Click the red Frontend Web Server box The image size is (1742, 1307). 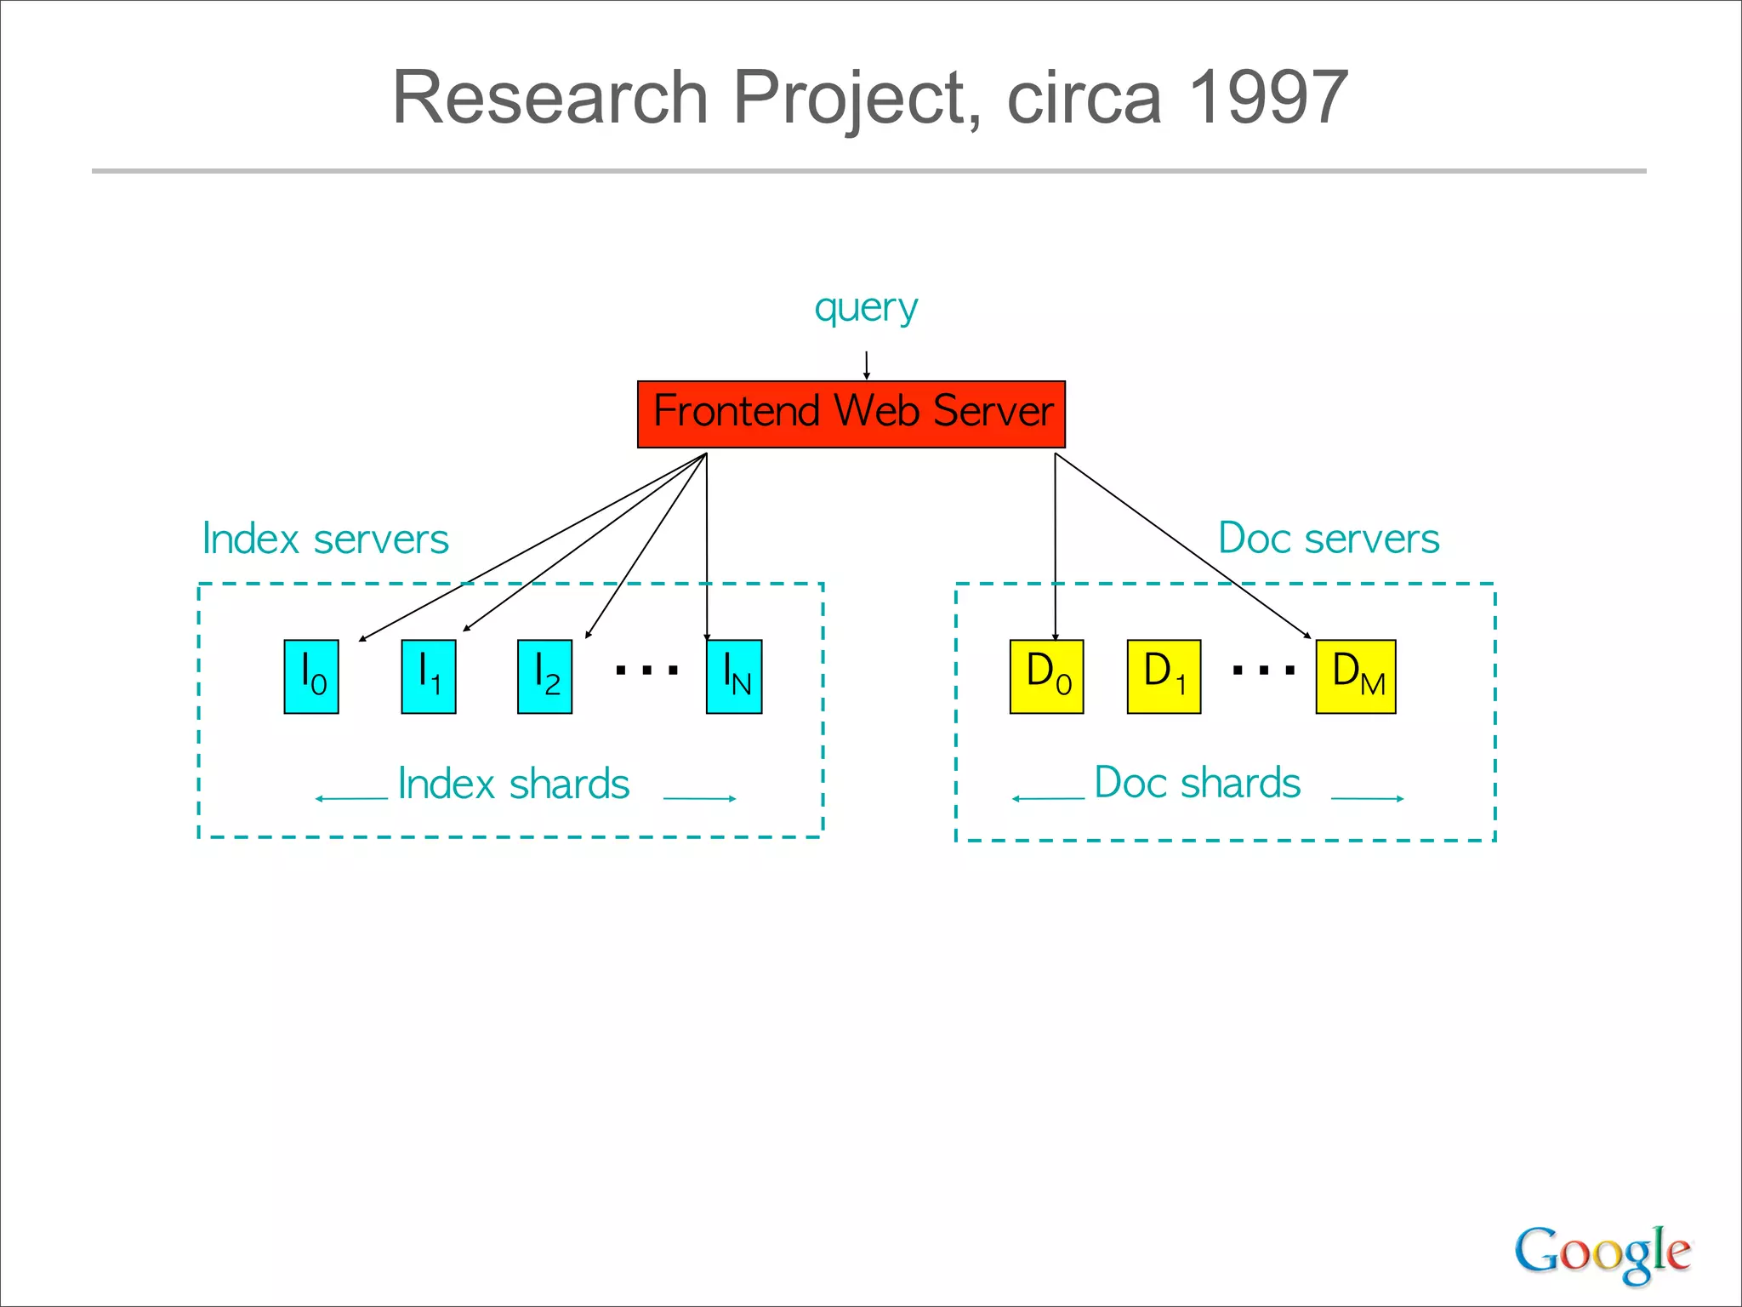coord(851,414)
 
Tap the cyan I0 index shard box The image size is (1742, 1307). coord(311,676)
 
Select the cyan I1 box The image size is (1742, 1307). coord(429,676)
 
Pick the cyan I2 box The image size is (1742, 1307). coord(545,676)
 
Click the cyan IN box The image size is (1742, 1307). coord(734,676)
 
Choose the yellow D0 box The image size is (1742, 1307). coord(1046,676)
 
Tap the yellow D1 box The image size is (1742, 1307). coord(1164,676)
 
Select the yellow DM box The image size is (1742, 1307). coord(1356,676)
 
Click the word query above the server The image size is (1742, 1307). coord(866,308)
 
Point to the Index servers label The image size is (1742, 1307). coord(325,539)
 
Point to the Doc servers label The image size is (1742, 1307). coord(1329,539)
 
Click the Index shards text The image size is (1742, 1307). coord(514,784)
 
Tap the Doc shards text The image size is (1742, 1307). coord(1197,783)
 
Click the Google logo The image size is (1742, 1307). coord(1602,1253)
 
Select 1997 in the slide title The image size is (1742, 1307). coord(1267,98)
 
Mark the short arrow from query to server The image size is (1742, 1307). coord(866,365)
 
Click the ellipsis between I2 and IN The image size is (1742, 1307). coord(647,671)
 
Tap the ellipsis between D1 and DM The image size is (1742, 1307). coord(1264,671)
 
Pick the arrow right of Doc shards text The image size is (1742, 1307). coord(1368,798)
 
